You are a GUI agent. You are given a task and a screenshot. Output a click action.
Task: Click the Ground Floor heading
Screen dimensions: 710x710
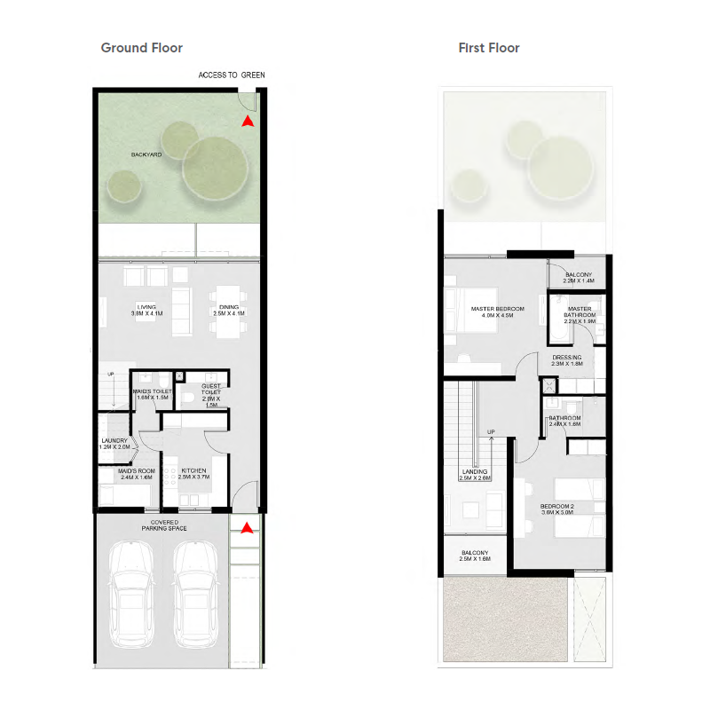coord(142,48)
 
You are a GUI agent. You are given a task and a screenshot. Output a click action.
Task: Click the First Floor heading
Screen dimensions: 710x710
coord(489,48)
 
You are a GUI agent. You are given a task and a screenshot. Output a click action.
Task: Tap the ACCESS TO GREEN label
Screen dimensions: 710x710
coord(232,75)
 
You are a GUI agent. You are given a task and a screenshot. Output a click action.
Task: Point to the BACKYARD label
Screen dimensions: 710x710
coord(146,154)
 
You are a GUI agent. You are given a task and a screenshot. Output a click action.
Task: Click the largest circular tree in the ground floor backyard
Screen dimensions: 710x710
coord(216,165)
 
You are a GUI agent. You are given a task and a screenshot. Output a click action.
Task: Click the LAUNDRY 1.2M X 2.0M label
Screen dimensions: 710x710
coord(114,444)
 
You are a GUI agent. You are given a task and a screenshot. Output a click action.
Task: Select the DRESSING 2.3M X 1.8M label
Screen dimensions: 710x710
coord(566,360)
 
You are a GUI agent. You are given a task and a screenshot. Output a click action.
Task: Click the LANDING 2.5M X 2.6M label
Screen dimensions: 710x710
coord(476,475)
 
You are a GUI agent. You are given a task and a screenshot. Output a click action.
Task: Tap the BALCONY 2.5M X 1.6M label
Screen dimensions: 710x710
coord(476,556)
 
